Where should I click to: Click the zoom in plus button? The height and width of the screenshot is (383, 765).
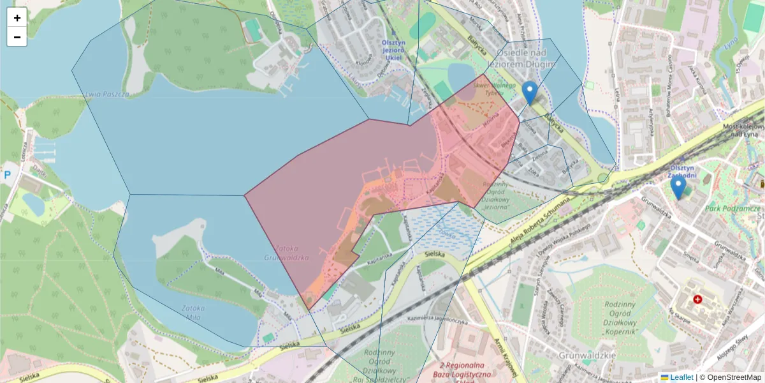coord(17,17)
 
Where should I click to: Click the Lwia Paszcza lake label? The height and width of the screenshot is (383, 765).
coord(106,94)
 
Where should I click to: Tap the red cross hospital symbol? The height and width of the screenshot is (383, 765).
coord(697,299)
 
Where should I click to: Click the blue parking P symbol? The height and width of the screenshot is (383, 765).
coord(7,174)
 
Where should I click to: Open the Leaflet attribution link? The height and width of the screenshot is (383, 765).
coord(681,377)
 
